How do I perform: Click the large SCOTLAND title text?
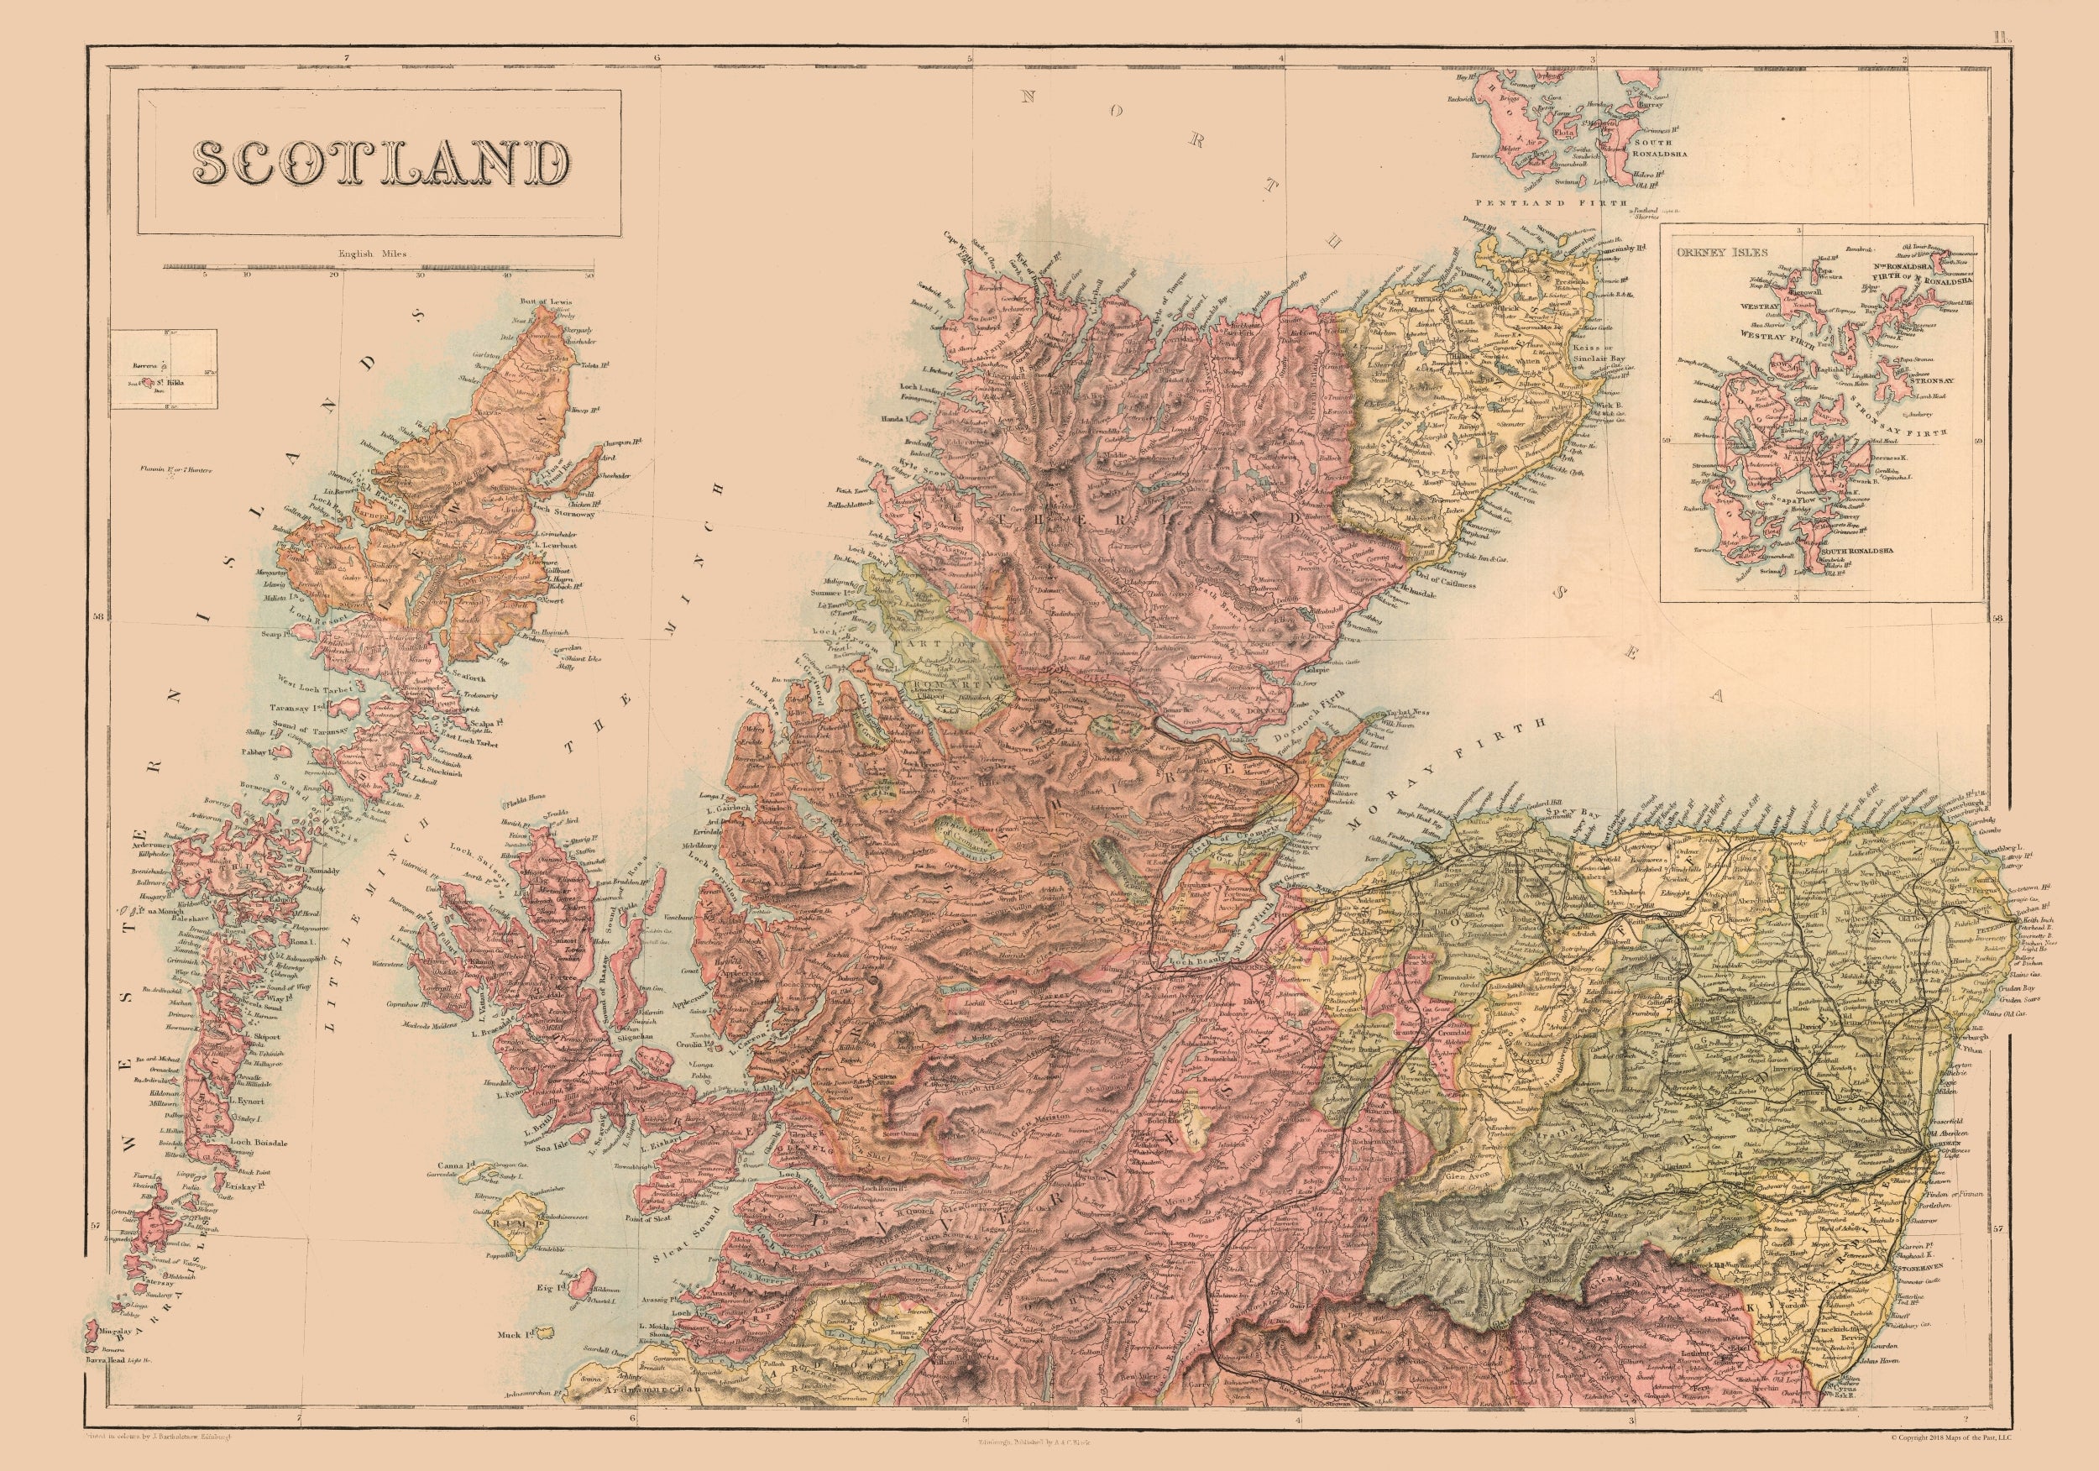[379, 164]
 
